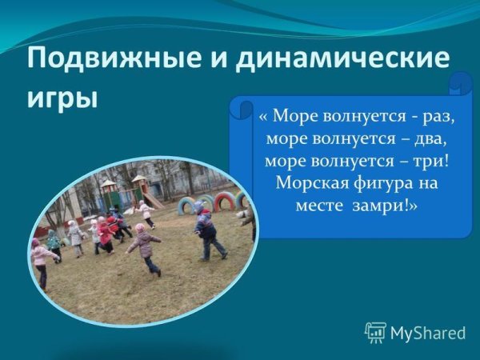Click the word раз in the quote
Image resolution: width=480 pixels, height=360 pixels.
point(437,117)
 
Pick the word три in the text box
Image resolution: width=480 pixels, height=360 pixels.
point(424,160)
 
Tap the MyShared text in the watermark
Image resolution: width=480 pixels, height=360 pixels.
point(427,333)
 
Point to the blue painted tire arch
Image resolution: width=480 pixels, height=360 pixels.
point(187,206)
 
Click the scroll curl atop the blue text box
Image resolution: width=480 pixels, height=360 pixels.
point(461,85)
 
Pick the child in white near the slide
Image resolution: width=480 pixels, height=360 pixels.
point(146,212)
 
